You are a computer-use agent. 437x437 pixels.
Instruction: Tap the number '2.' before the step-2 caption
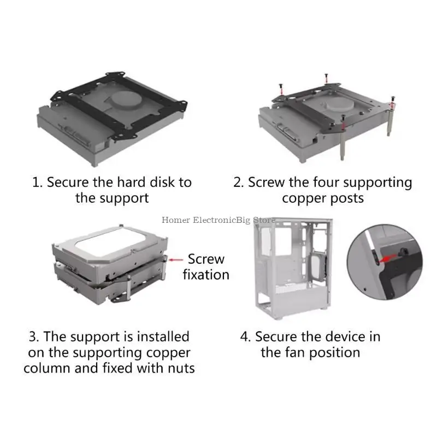239,182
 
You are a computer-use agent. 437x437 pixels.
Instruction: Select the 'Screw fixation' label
206,267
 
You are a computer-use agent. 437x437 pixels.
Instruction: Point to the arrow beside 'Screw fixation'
176,260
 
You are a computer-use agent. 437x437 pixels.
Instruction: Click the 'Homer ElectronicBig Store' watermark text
218,220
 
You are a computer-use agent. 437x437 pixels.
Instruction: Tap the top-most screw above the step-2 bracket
324,76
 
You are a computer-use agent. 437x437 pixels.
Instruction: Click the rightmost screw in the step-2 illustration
393,100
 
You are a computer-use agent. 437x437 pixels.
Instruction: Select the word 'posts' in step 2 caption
345,198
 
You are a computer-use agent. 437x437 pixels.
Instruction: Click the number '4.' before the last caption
245,336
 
